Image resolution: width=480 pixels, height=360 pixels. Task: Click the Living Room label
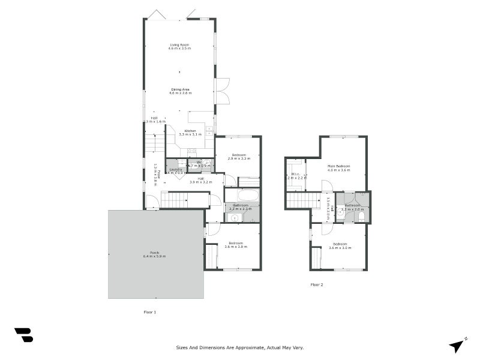pyautogui.click(x=179, y=44)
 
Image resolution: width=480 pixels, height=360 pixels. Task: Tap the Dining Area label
pyautogui.click(x=179, y=89)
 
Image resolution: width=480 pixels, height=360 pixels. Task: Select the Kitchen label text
pyautogui.click(x=190, y=131)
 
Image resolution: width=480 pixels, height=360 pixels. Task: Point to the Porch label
pyautogui.click(x=155, y=253)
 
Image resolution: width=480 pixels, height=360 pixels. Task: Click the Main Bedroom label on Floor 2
pyautogui.click(x=338, y=166)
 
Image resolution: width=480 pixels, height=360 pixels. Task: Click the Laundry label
pyautogui.click(x=176, y=169)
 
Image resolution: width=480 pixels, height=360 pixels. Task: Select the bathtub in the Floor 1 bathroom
pyautogui.click(x=242, y=195)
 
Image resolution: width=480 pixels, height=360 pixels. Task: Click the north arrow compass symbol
pyautogui.click(x=457, y=345)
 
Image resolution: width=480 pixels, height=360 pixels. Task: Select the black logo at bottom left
pyautogui.click(x=23, y=335)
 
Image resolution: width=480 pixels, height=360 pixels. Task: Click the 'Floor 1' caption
pyautogui.click(x=149, y=312)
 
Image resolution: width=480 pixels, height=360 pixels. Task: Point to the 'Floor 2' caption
pyautogui.click(x=317, y=284)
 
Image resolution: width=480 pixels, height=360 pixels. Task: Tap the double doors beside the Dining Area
pyautogui.click(x=221, y=91)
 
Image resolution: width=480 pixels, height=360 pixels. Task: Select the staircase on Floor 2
pyautogui.click(x=302, y=200)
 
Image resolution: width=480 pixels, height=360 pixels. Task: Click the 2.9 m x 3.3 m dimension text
pyautogui.click(x=238, y=158)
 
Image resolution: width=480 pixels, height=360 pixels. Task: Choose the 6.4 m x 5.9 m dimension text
pyautogui.click(x=155, y=256)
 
